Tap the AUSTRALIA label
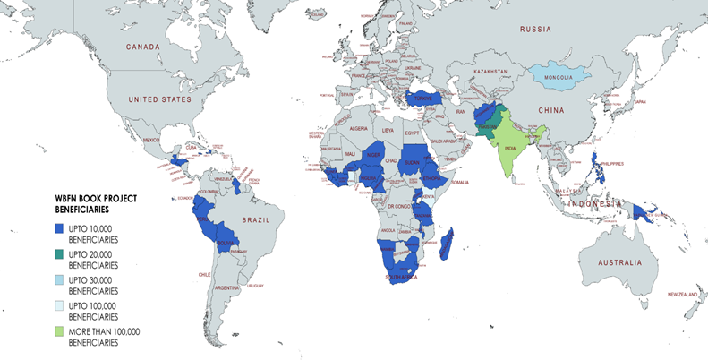pyautogui.click(x=612, y=262)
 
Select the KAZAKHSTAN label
pyautogui.click(x=491, y=71)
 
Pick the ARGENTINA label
pyautogui.click(x=226, y=287)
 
